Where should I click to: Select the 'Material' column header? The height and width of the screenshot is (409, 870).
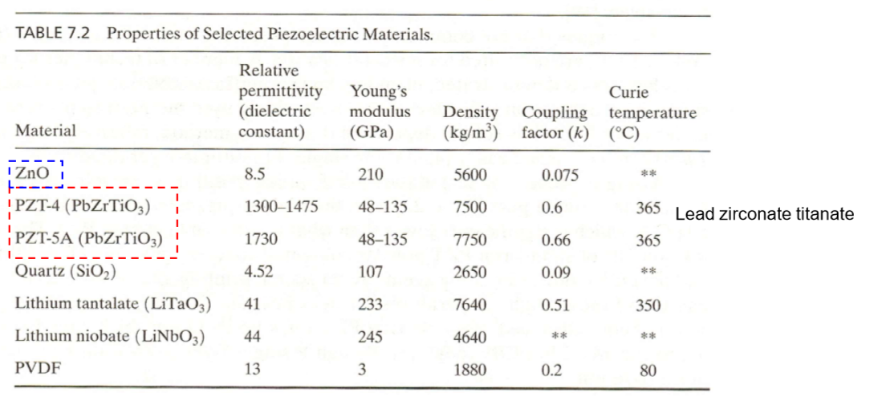45,130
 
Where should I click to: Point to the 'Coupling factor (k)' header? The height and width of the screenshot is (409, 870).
554,122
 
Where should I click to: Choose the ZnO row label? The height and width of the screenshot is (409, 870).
32,173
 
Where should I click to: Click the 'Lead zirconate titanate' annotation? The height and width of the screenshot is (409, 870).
764,214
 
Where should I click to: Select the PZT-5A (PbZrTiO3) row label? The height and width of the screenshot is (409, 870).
88,239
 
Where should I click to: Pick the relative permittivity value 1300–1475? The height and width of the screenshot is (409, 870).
280,207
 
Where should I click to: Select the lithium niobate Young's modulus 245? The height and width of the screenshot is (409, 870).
370,337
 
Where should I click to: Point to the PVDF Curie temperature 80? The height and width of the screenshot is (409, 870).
648,370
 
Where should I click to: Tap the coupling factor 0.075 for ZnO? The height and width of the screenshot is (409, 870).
559,175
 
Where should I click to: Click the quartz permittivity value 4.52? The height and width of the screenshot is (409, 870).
258,272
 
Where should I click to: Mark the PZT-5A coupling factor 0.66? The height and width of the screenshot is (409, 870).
555,240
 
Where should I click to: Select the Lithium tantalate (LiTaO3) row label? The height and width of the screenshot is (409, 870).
113,304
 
